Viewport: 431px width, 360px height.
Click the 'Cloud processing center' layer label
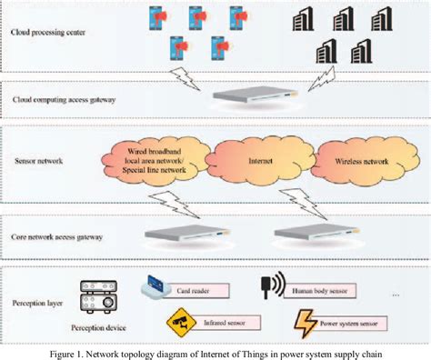point(49,34)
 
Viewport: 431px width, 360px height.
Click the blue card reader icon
point(153,287)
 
